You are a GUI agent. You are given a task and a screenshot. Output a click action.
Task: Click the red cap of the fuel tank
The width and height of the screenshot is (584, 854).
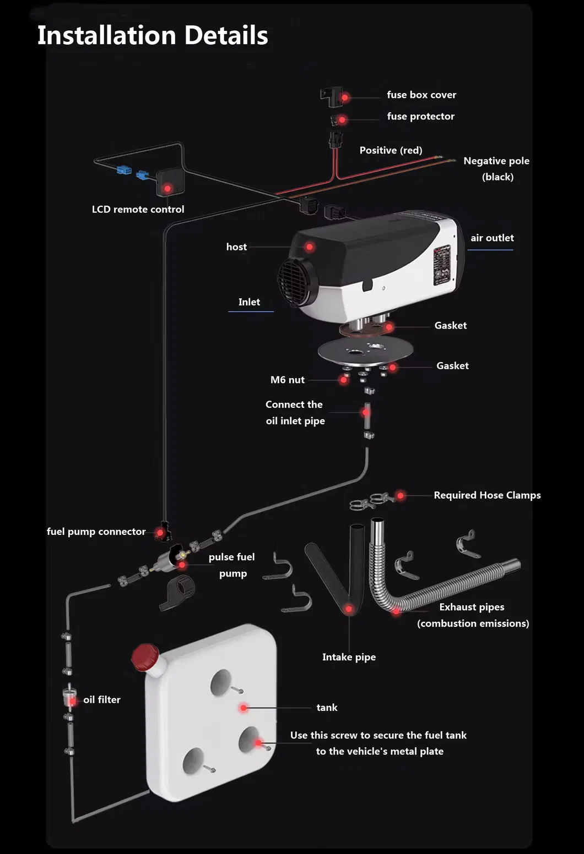click(145, 657)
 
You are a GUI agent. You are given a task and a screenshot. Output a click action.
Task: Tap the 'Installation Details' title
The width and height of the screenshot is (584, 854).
click(153, 36)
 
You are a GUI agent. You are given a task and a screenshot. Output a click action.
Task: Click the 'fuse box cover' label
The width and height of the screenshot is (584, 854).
click(421, 95)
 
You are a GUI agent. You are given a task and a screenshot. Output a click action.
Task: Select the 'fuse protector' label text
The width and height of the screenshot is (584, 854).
click(420, 116)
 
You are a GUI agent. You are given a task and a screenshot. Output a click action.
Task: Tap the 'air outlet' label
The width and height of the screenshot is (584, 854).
click(492, 238)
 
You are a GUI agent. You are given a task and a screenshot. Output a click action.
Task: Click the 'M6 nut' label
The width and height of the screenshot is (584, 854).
click(287, 380)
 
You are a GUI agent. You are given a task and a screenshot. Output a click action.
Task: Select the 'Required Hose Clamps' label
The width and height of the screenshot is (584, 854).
click(487, 495)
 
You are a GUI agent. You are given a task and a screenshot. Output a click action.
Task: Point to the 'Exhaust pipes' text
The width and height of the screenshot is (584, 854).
click(472, 607)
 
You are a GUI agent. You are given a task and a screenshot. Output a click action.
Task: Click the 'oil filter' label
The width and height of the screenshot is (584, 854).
click(102, 699)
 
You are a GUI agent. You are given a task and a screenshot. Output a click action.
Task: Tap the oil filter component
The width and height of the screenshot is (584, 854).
click(70, 697)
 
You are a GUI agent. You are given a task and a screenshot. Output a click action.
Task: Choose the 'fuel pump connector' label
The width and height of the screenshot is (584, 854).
click(96, 532)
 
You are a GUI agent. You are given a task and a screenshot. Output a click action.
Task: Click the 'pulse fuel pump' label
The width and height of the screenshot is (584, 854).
click(232, 565)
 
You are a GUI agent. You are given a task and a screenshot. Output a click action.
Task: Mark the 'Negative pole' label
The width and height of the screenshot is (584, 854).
click(496, 161)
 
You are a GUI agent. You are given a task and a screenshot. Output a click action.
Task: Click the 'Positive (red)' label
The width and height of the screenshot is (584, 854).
click(391, 150)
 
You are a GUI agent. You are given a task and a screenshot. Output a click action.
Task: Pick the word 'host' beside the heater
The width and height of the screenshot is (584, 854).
click(236, 247)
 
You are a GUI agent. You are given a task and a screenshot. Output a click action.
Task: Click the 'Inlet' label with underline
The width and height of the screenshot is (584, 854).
click(249, 302)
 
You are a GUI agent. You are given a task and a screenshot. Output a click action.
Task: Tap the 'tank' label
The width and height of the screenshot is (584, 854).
click(327, 708)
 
